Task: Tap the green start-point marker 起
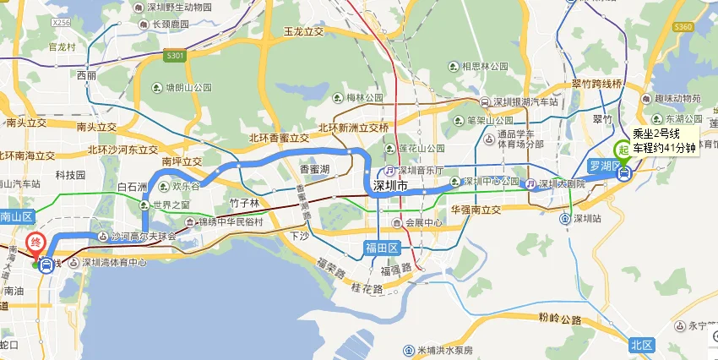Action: pos(623,148)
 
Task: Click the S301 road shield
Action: pos(176,57)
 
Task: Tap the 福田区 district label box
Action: pos(382,247)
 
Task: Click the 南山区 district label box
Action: pos(14,215)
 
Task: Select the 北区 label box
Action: pos(642,345)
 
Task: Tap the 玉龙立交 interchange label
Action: pos(304,31)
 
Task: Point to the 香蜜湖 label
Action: pos(315,169)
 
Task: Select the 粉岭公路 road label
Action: pos(559,320)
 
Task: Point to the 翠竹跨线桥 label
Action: pos(596,85)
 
